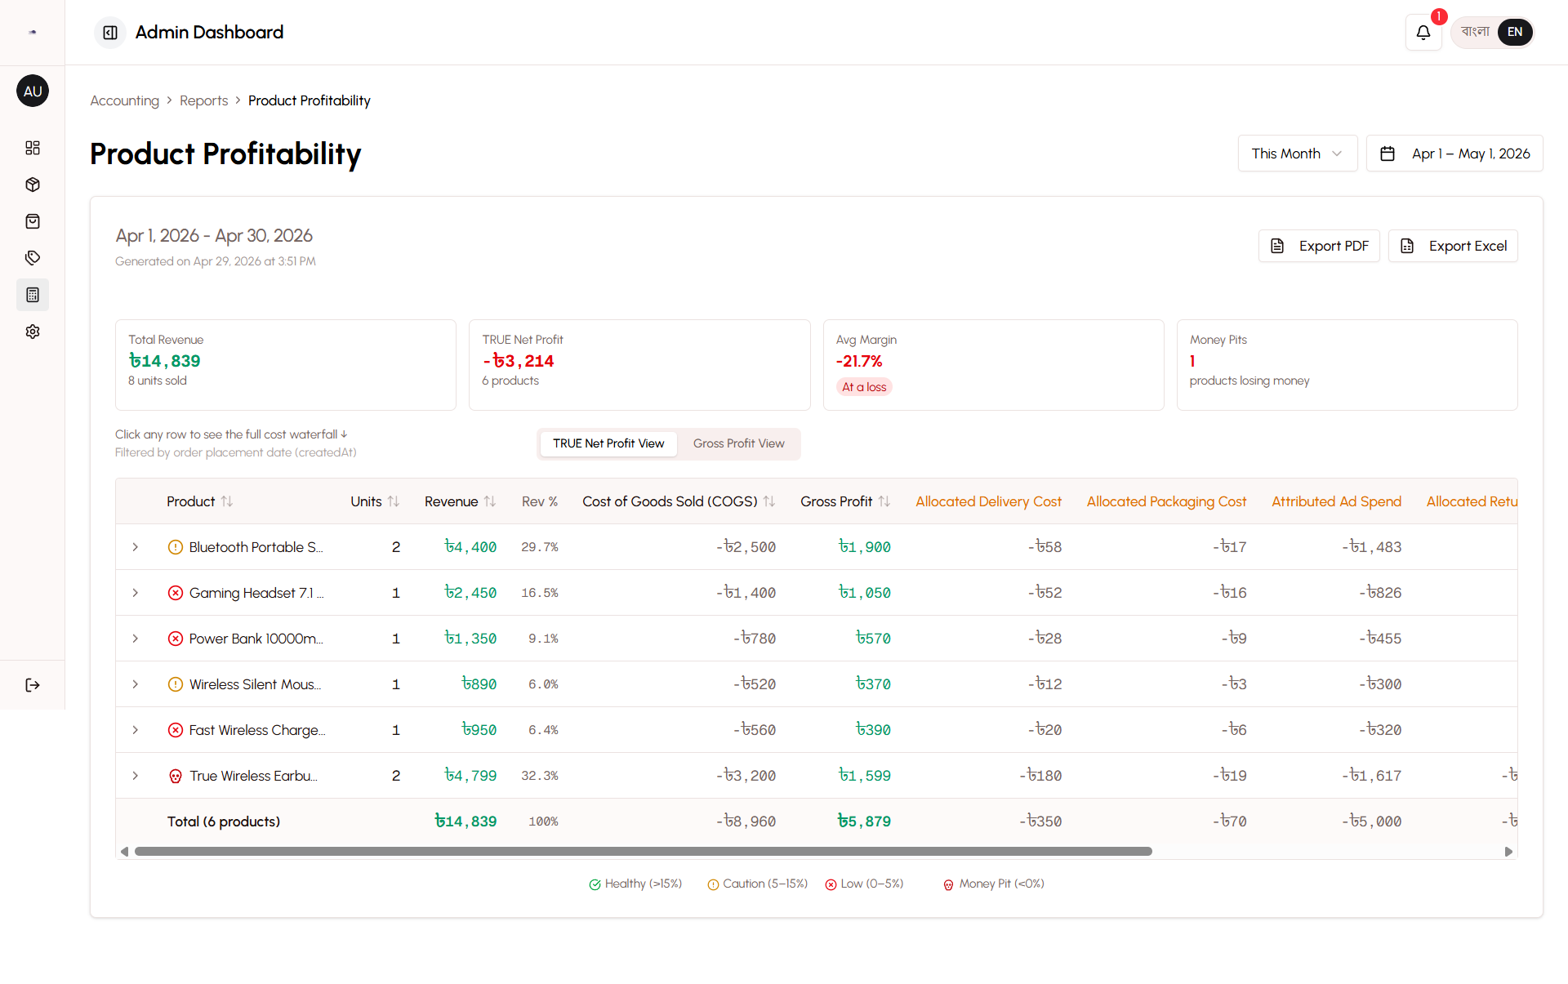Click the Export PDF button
coord(1319,246)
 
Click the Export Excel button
coord(1453,246)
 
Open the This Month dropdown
coord(1297,154)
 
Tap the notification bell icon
coord(1423,33)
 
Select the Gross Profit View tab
coord(738,443)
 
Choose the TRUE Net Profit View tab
coord(608,443)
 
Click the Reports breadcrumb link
coord(203,100)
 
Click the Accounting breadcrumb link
coord(124,100)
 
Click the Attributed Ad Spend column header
coord(1336,501)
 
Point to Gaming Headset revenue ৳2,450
coord(470,593)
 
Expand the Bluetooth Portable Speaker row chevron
coord(136,547)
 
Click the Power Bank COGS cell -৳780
coord(754,639)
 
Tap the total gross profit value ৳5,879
coord(864,821)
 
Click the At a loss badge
coord(864,387)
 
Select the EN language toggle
coord(1515,33)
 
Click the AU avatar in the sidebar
coord(33,91)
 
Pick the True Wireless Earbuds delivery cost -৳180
coord(1040,776)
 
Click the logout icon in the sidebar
coord(33,685)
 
